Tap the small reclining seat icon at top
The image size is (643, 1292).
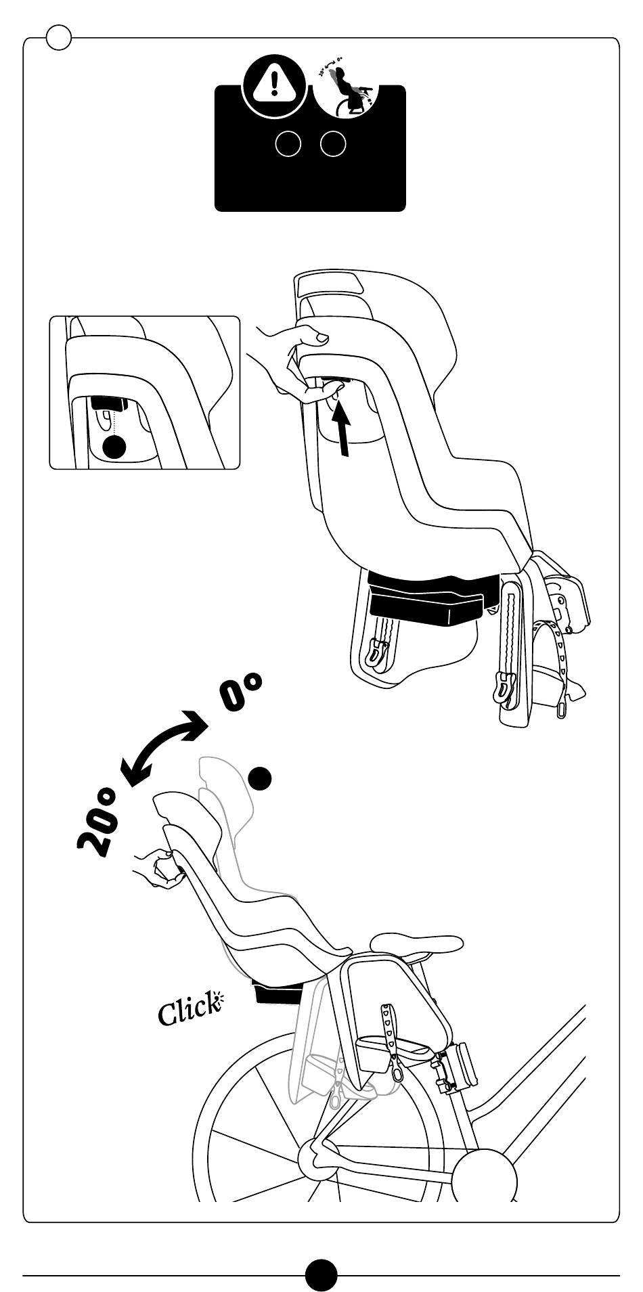tap(346, 86)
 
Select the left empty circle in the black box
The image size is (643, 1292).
tap(288, 143)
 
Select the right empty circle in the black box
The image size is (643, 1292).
tap(333, 143)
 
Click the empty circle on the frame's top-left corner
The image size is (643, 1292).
tap(59, 37)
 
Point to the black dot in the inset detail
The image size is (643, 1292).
tap(114, 446)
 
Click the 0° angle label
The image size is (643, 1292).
tap(240, 691)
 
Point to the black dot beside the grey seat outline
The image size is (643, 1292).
tap(260, 778)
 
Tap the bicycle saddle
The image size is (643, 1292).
tap(416, 943)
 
